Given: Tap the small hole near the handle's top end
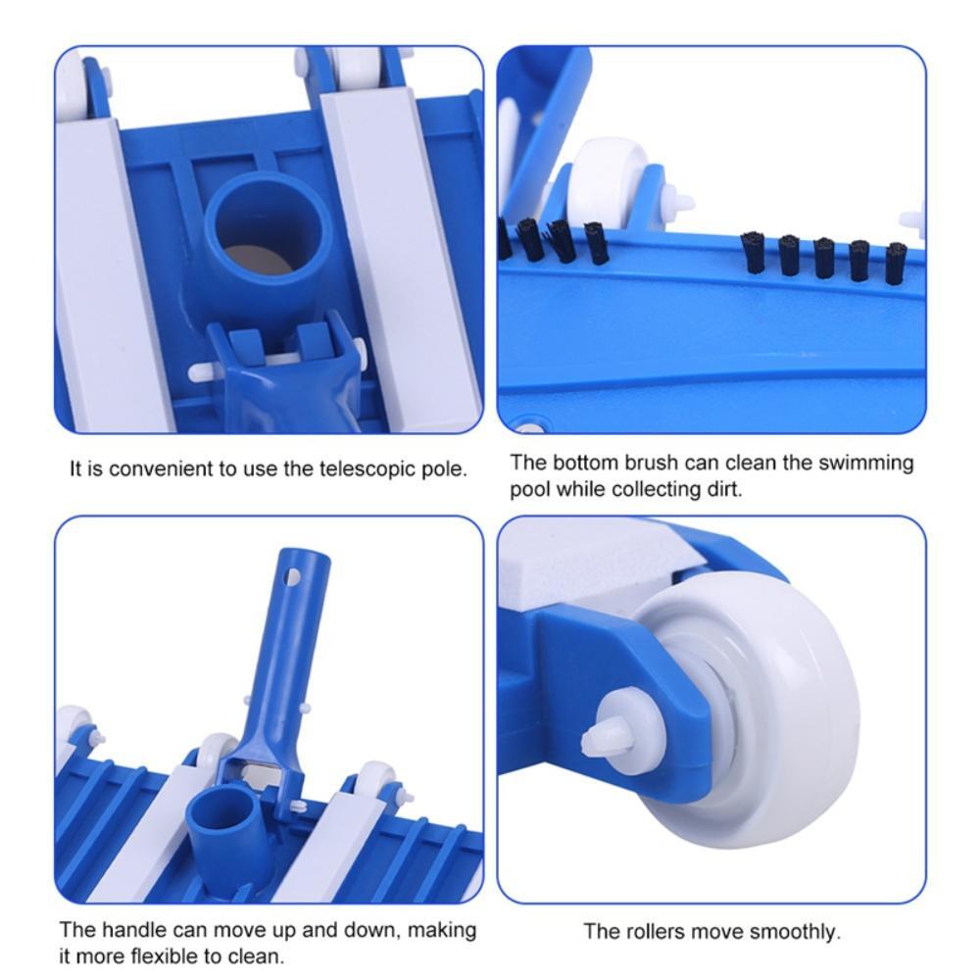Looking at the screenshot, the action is tap(292, 576).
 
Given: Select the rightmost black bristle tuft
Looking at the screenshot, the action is tap(896, 263).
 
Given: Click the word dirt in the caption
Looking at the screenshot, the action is tap(724, 489).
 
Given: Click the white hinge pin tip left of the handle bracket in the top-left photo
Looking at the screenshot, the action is tap(195, 373).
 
